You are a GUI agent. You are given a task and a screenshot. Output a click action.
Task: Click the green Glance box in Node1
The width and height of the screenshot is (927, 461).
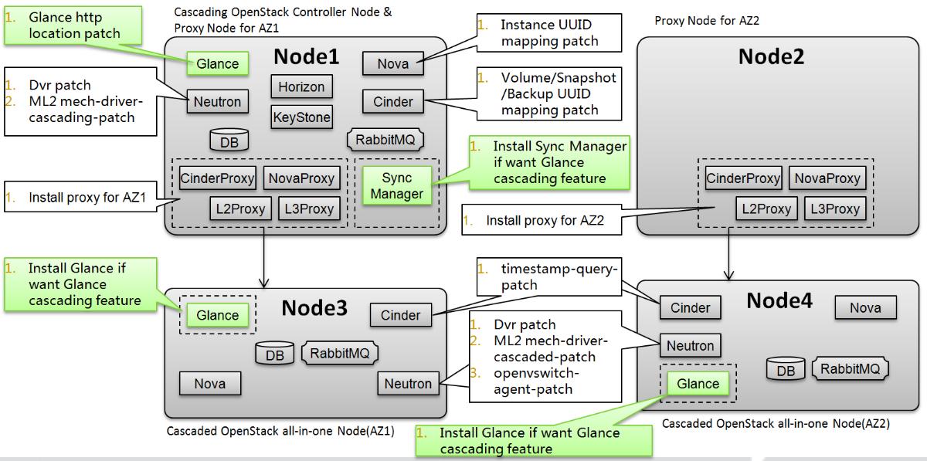pos(217,64)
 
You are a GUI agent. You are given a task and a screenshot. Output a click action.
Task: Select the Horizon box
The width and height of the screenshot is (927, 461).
pos(301,86)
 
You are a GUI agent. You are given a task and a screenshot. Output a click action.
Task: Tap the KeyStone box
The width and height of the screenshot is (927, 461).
pos(301,117)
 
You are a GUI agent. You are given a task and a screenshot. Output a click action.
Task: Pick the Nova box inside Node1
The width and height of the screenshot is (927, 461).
pos(393,64)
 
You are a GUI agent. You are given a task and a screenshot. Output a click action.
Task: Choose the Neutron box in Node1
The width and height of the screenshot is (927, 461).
pos(217,101)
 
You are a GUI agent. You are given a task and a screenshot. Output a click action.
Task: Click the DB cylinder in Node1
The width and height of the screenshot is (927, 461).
pos(229,141)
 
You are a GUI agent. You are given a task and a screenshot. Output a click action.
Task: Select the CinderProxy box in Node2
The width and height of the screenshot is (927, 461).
pos(743,178)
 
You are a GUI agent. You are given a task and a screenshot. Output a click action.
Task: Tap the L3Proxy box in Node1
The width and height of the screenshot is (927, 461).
pos(309,208)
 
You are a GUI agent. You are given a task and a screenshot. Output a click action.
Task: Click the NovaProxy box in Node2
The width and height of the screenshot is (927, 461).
pos(827,178)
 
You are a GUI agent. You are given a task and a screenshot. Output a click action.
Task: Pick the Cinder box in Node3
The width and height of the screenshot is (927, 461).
pos(401,315)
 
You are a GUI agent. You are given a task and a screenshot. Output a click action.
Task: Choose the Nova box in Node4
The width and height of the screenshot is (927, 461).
pos(865,308)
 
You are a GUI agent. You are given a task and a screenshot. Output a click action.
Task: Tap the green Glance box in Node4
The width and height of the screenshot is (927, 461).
pos(698,384)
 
